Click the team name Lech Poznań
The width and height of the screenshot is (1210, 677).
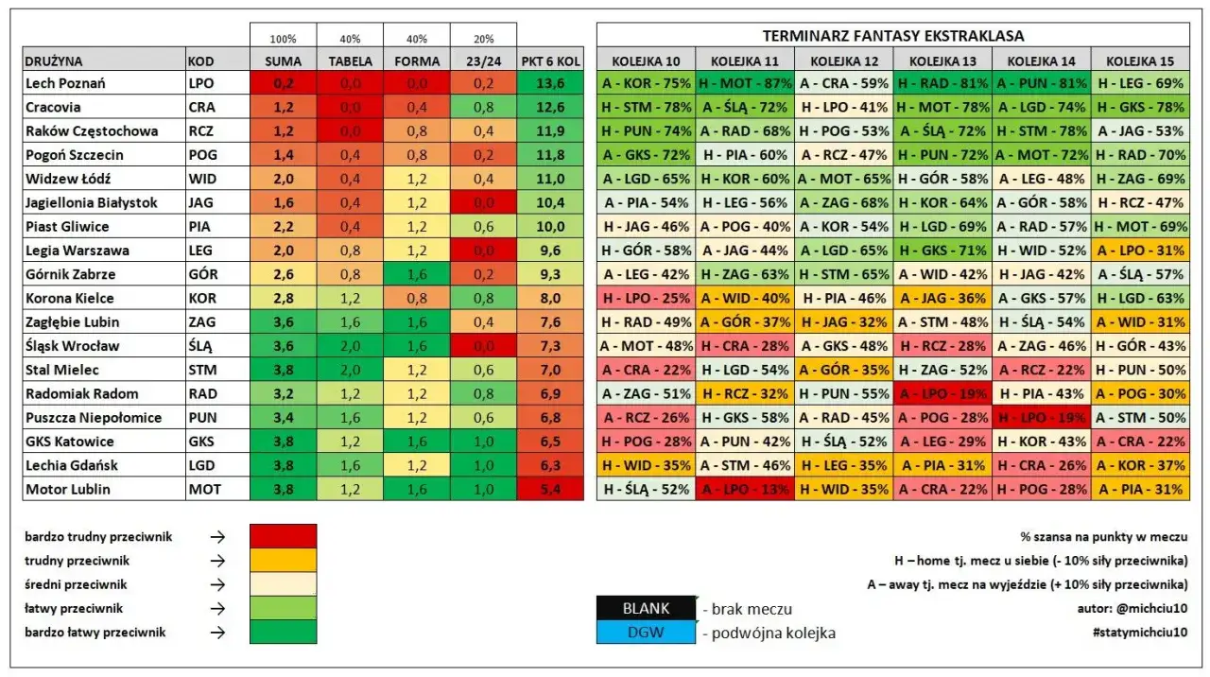65,83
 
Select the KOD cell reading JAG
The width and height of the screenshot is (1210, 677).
202,202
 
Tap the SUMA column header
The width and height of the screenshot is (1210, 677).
283,61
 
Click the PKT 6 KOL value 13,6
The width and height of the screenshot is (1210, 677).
550,83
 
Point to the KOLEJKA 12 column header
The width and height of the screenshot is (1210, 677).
844,61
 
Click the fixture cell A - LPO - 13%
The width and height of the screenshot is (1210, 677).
745,489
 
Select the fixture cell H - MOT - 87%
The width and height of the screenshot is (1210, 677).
745,83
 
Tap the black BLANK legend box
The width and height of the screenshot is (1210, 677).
646,609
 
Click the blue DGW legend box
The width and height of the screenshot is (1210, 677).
646,633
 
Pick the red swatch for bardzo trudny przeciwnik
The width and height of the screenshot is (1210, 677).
283,536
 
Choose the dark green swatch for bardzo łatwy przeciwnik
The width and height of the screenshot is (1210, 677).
283,633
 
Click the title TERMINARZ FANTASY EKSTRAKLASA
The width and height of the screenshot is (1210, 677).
892,36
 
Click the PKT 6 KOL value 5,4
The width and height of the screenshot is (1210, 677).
550,489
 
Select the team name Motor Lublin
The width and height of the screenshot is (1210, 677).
67,489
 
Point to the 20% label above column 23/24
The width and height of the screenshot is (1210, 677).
483,40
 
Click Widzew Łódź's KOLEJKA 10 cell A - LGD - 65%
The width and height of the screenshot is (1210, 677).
647,179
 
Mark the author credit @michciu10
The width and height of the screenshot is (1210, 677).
1132,609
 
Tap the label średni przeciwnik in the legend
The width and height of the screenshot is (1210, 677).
76,584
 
